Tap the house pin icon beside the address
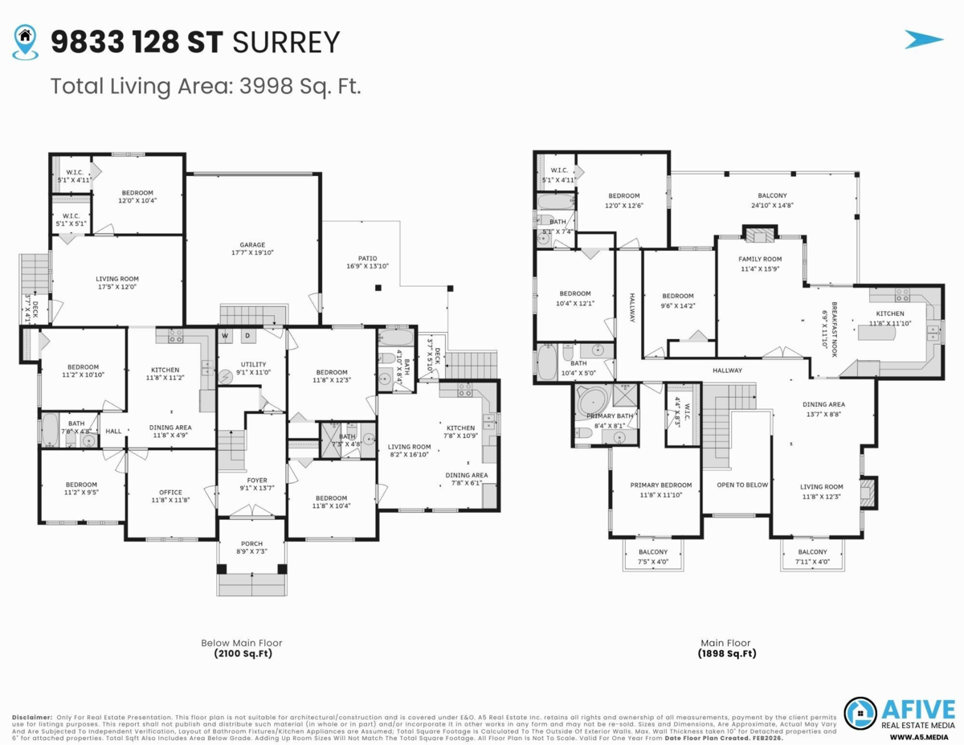pos(26,41)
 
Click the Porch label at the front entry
pos(251,546)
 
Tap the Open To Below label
pos(742,485)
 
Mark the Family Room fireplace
pos(760,234)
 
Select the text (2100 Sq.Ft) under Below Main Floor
pos(242,654)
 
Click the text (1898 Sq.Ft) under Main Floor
pos(727,654)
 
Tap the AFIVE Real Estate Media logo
pos(899,714)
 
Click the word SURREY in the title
pos(285,42)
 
